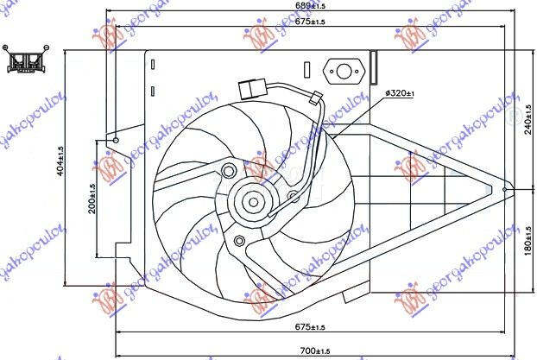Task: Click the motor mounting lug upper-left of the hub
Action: [x=228, y=171]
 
